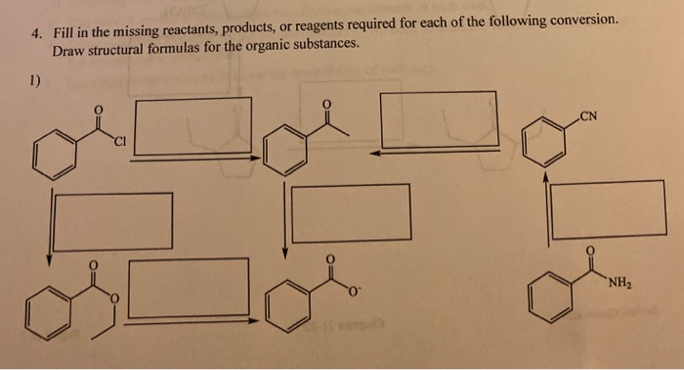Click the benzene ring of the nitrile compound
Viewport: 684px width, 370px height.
point(539,145)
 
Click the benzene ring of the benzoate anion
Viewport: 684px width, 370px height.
point(284,312)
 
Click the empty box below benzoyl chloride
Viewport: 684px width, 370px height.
point(113,221)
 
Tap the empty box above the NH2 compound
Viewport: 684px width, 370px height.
point(608,209)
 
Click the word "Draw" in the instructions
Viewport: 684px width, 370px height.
point(69,50)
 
